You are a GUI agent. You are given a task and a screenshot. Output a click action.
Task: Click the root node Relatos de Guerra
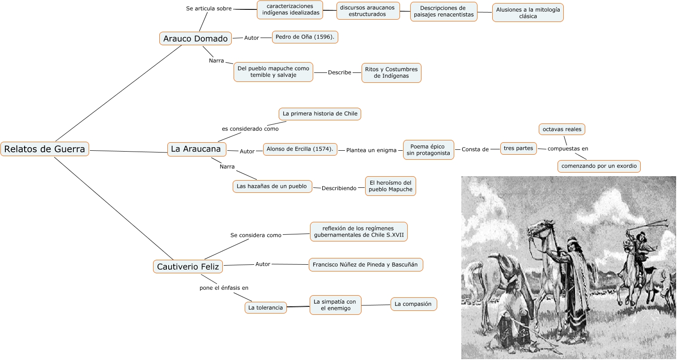45,149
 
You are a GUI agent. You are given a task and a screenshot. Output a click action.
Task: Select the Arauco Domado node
196,38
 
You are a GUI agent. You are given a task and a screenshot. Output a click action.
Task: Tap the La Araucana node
196,149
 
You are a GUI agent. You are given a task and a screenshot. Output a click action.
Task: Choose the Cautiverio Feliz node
188,267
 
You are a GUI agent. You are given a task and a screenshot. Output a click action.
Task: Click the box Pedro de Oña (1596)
305,37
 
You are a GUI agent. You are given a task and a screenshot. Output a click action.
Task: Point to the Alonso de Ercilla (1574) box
300,149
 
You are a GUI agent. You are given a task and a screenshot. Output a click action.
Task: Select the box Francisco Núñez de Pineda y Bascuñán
365,264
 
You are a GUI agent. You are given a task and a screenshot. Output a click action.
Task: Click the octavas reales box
562,129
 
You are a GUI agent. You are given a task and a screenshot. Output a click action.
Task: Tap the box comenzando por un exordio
599,166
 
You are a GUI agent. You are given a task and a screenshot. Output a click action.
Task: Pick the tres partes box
518,148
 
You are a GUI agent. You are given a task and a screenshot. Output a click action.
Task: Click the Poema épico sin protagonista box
429,150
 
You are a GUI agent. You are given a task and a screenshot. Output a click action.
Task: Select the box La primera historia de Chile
320,114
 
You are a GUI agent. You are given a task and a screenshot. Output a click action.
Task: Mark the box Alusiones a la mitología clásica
528,13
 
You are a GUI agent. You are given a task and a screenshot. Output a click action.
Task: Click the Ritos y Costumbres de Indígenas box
391,72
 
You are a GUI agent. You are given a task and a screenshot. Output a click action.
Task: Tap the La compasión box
413,304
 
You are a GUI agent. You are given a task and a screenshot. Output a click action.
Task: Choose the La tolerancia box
265,308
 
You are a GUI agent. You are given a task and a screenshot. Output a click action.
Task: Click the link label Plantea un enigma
371,150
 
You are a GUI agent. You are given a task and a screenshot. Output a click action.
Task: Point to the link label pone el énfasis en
224,288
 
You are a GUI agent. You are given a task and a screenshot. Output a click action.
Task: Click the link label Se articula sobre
209,8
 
